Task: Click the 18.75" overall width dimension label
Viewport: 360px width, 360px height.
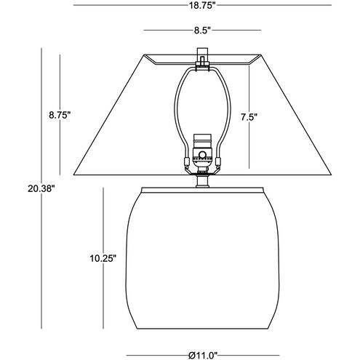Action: [202, 6]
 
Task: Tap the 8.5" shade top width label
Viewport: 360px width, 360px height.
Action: [202, 31]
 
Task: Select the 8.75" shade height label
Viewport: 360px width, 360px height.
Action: [60, 115]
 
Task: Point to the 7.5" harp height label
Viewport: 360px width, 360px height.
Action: [249, 117]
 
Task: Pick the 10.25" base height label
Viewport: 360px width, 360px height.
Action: [103, 258]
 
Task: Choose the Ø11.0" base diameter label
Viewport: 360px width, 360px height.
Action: [203, 356]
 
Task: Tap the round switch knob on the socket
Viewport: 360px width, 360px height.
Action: [202, 154]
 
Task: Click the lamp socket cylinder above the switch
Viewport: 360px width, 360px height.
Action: [202, 141]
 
